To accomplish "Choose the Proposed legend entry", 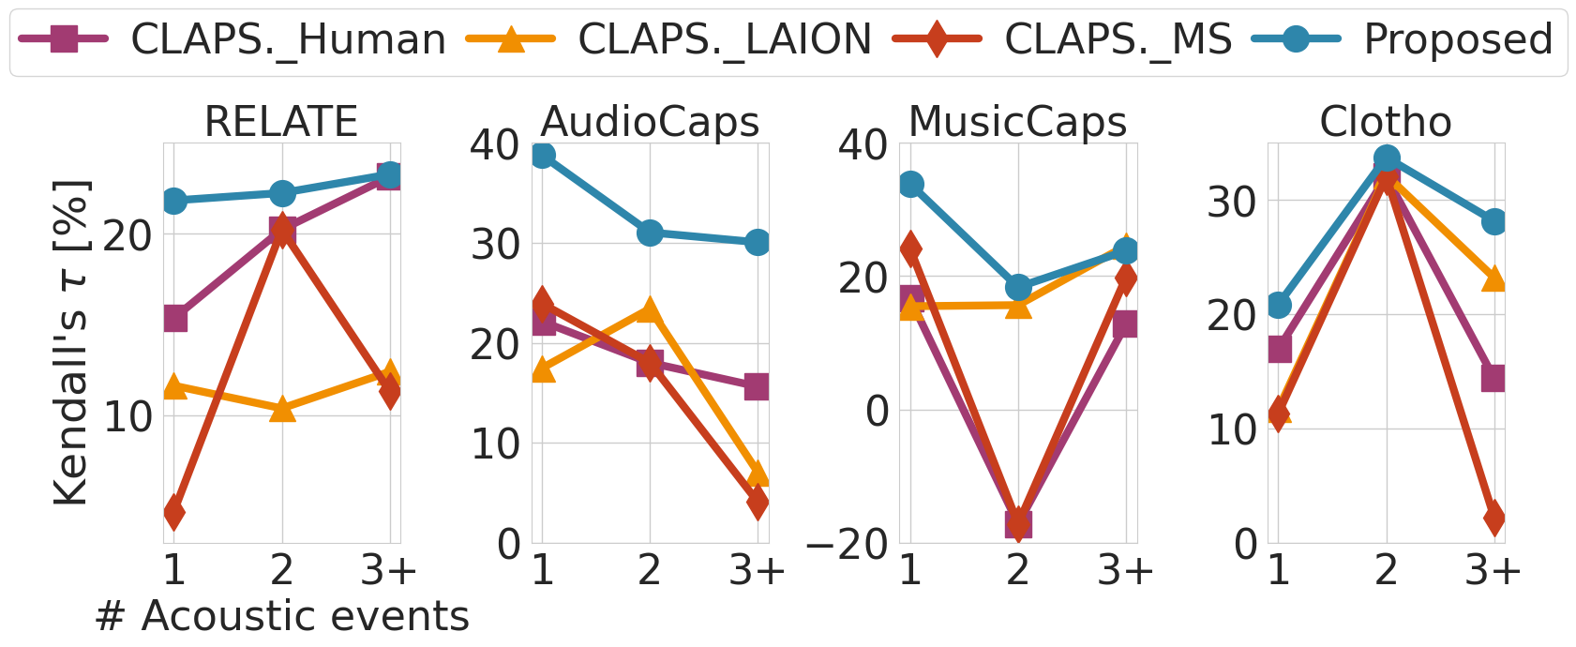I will click(x=1406, y=39).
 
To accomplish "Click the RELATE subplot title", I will click(x=281, y=122).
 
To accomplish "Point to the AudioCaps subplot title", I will click(x=650, y=122).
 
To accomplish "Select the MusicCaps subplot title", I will click(x=1017, y=122).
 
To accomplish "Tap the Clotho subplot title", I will click(x=1386, y=122).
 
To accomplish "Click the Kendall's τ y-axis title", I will click(x=71, y=342).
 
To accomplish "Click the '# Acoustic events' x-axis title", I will click(x=281, y=617).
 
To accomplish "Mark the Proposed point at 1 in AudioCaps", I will click(x=542, y=155).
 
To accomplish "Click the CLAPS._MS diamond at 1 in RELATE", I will click(x=173, y=512).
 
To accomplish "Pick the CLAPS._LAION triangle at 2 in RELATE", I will click(x=282, y=409).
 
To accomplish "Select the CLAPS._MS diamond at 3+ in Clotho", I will click(x=1494, y=518).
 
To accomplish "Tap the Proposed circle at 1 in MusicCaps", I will click(x=910, y=185).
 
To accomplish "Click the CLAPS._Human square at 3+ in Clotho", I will click(x=1494, y=378).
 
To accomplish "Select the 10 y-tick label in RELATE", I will click(x=128, y=415).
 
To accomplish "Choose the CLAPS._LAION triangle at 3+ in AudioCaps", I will click(x=758, y=474).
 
